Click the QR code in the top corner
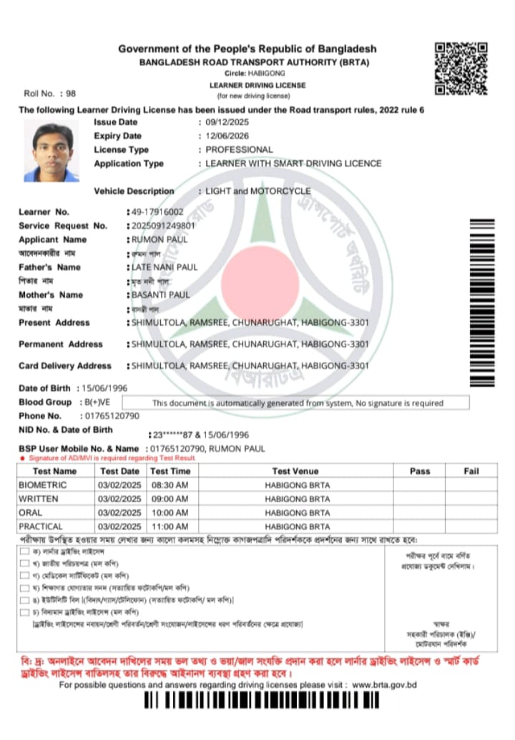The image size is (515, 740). [461, 69]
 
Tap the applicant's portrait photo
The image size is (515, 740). [51, 151]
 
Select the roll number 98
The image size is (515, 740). [71, 94]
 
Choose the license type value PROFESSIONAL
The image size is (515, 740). [239, 150]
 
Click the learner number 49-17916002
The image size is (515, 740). [157, 212]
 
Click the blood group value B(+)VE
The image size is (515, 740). [92, 403]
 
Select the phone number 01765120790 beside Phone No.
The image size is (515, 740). [112, 416]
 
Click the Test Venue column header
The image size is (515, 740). [295, 471]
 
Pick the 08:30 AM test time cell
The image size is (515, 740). [170, 486]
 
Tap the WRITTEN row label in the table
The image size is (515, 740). [39, 499]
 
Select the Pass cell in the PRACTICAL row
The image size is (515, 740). [420, 526]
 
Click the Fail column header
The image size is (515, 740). [471, 471]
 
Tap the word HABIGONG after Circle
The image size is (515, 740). [267, 74]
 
